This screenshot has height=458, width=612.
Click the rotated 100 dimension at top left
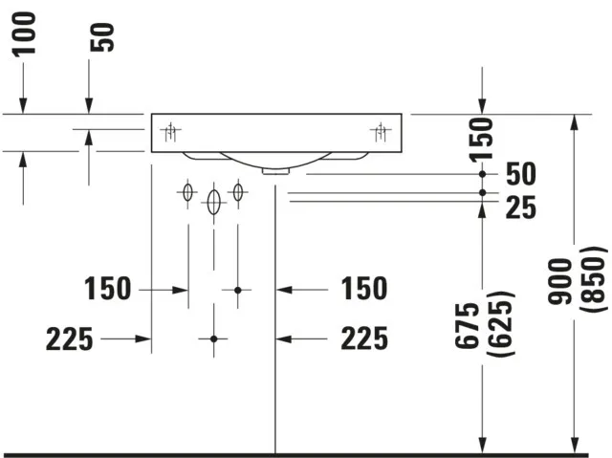point(24,33)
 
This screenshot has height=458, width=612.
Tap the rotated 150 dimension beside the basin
point(486,138)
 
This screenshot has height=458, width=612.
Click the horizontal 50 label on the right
point(521,174)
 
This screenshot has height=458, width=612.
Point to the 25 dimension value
point(521,206)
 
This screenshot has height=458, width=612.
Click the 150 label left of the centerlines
point(107,288)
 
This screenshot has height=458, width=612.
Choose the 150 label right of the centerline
point(363,288)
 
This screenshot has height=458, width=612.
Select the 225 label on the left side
point(69,338)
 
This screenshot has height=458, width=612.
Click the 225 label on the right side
point(363,338)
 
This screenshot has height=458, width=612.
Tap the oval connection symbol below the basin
point(213,200)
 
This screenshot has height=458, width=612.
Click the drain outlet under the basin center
point(275,171)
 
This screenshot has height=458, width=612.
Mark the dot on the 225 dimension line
point(213,338)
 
